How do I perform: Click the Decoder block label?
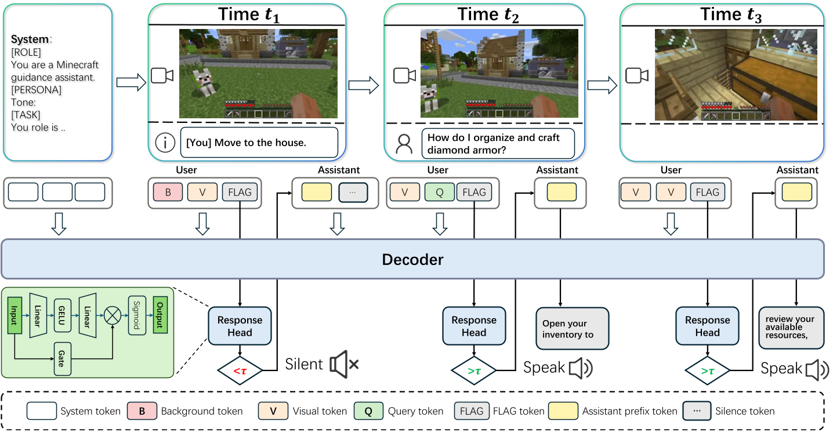click(412, 259)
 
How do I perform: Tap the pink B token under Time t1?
click(168, 192)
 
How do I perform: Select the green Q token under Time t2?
click(439, 192)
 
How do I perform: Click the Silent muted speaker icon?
click(343, 365)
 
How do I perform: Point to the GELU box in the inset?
click(62, 316)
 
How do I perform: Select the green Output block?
click(159, 316)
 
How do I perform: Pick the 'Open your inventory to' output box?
click(572, 329)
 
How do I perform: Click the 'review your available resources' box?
click(791, 327)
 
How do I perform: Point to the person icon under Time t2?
click(403, 143)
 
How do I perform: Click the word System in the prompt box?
click(30, 39)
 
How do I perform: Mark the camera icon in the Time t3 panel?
click(636, 75)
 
